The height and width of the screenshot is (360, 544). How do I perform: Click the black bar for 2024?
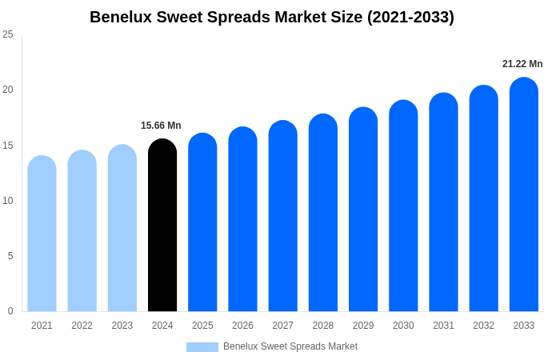(x=162, y=226)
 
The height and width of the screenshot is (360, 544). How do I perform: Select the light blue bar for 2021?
(x=42, y=234)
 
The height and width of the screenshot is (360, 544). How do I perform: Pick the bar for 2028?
(x=322, y=213)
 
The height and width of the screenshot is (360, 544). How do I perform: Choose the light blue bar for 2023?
(x=122, y=228)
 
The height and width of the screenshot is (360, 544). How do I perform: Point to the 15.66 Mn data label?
(x=161, y=126)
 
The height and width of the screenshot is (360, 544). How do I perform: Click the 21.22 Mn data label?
(x=522, y=64)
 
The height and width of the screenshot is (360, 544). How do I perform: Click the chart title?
(x=272, y=17)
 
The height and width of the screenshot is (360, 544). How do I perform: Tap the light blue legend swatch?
(x=202, y=346)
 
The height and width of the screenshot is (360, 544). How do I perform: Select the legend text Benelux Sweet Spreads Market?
(x=290, y=346)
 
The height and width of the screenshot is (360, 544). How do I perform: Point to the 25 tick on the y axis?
(x=8, y=34)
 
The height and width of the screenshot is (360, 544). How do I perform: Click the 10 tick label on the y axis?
(x=8, y=201)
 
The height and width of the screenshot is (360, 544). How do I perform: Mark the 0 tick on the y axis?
(x=10, y=311)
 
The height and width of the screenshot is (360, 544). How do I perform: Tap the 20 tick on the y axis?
(x=8, y=90)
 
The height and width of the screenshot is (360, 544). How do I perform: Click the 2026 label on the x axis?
(x=242, y=326)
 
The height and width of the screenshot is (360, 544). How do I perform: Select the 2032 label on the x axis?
(x=483, y=326)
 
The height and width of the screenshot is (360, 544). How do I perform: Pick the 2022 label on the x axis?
(x=82, y=326)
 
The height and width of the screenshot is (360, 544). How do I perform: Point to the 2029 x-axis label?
(x=363, y=326)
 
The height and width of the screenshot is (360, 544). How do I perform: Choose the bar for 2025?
(x=202, y=222)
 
